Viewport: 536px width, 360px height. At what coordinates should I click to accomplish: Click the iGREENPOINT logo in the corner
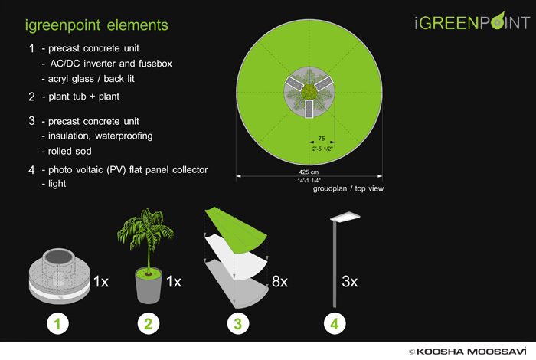pos(472,21)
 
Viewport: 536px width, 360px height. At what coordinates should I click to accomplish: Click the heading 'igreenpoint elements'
pos(96,25)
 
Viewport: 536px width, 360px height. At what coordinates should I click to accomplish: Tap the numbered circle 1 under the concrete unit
pos(57,323)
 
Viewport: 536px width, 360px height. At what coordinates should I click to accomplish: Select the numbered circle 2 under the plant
pos(148,323)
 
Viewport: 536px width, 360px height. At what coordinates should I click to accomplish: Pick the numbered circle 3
pos(238,323)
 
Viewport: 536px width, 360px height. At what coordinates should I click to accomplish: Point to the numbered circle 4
pos(335,323)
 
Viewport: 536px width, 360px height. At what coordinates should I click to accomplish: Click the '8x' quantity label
pos(279,282)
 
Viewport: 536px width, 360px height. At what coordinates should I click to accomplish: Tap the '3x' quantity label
pos(349,282)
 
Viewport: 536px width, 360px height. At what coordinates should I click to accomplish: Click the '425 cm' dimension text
pos(309,172)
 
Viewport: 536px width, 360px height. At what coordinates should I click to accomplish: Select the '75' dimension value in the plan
pos(322,139)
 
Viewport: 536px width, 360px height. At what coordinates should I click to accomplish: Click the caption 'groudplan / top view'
pos(348,188)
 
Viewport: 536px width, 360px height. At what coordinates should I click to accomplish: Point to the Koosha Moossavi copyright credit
pos(467,352)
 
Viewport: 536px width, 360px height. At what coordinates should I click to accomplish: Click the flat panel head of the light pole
pos(345,217)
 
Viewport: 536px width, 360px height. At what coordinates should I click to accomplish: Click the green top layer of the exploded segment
pos(236,229)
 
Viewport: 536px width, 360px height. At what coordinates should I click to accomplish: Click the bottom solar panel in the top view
pos(309,109)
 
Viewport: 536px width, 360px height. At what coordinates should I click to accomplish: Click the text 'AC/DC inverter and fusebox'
pos(111,64)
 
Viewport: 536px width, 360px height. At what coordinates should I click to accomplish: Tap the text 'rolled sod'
pos(70,151)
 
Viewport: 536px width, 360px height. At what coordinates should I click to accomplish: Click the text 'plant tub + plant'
pos(83,97)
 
